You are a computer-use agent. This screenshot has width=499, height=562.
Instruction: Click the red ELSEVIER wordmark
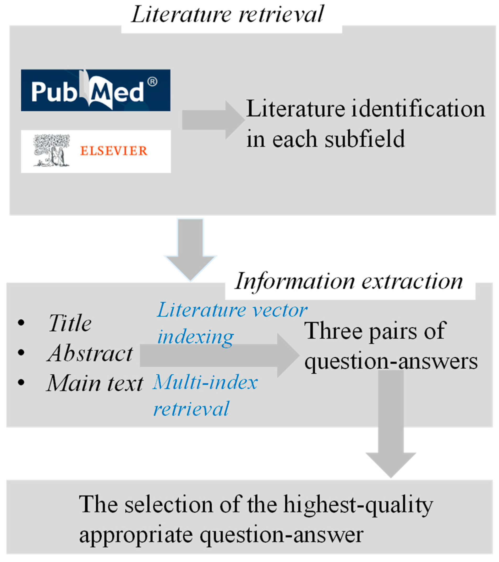[113, 151]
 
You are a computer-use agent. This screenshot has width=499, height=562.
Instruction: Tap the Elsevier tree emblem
[51, 150]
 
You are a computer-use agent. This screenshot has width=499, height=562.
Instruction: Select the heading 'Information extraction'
[349, 282]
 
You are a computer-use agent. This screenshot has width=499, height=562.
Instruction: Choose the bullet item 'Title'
[70, 323]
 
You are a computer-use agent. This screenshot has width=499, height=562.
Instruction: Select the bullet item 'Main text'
[95, 383]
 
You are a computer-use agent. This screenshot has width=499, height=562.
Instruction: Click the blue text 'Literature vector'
[232, 310]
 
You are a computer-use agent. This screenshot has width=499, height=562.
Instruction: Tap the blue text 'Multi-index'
[205, 382]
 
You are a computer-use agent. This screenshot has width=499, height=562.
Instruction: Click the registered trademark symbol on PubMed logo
[152, 82]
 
